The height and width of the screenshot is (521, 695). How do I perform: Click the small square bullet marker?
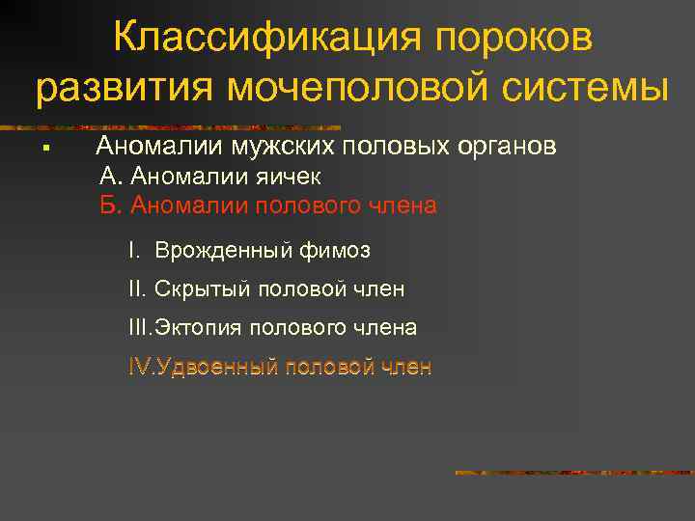click(45, 149)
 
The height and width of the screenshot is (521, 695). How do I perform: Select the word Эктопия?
click(200, 328)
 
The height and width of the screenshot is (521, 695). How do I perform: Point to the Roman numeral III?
click(140, 328)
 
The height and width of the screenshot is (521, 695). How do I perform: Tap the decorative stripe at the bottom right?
click(573, 473)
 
